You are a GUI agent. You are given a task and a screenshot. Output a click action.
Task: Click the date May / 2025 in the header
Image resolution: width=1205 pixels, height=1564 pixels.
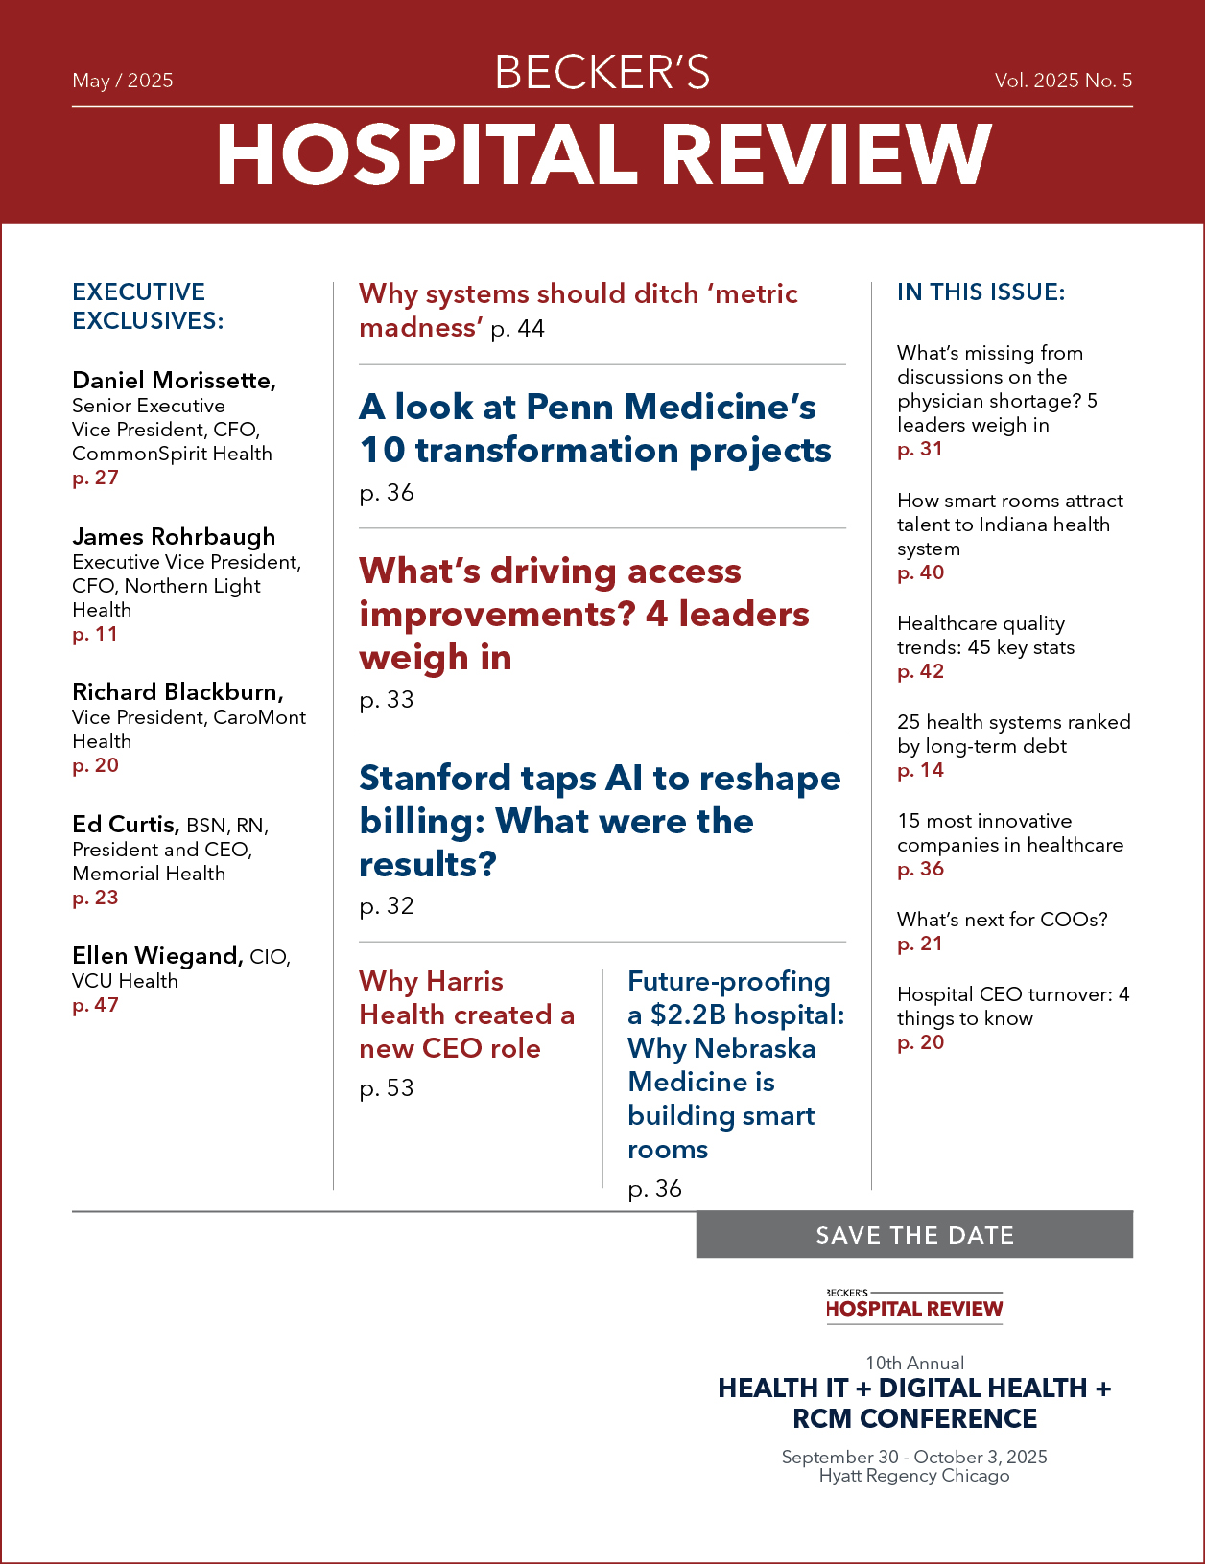pyautogui.click(x=123, y=81)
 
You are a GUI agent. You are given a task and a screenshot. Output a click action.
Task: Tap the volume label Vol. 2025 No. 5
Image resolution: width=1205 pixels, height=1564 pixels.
pyautogui.click(x=1063, y=81)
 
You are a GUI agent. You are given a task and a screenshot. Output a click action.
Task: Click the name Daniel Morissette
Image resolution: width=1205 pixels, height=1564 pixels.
pyautogui.click(x=174, y=381)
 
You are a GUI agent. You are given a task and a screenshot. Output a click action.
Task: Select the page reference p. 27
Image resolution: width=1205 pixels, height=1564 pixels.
pyautogui.click(x=95, y=478)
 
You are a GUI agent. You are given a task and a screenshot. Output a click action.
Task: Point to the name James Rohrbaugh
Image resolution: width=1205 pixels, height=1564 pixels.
pyautogui.click(x=174, y=536)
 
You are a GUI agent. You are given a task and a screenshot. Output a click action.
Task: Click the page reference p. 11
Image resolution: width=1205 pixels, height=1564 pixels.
pyautogui.click(x=95, y=634)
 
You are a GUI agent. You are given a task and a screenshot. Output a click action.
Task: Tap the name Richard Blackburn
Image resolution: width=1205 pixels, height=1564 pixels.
pyautogui.click(x=177, y=692)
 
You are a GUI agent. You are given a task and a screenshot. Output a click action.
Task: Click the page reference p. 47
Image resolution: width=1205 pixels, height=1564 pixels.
pyautogui.click(x=95, y=1005)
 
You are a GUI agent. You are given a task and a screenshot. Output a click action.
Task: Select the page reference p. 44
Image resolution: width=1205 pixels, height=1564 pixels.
pyautogui.click(x=518, y=329)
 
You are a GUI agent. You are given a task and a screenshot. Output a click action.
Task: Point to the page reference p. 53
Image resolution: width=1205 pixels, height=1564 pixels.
pyautogui.click(x=387, y=1088)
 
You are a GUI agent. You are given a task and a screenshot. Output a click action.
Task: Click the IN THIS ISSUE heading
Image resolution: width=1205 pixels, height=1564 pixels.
pyautogui.click(x=981, y=292)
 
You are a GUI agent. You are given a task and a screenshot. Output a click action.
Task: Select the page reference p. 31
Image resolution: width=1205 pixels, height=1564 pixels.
pyautogui.click(x=920, y=449)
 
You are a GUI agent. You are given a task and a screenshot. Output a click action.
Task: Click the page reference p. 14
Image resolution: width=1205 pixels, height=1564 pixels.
pyautogui.click(x=920, y=770)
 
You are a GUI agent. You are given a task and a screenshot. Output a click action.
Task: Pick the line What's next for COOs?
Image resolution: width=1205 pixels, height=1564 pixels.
pyautogui.click(x=1003, y=920)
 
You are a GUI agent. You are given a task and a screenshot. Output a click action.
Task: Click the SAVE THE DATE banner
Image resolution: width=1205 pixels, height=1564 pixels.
pyautogui.click(x=914, y=1235)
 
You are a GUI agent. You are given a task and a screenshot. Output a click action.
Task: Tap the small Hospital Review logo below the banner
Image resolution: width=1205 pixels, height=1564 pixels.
pyautogui.click(x=914, y=1307)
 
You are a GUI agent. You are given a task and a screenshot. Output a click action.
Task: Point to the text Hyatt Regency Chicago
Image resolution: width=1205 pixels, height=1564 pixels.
pyautogui.click(x=914, y=1476)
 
